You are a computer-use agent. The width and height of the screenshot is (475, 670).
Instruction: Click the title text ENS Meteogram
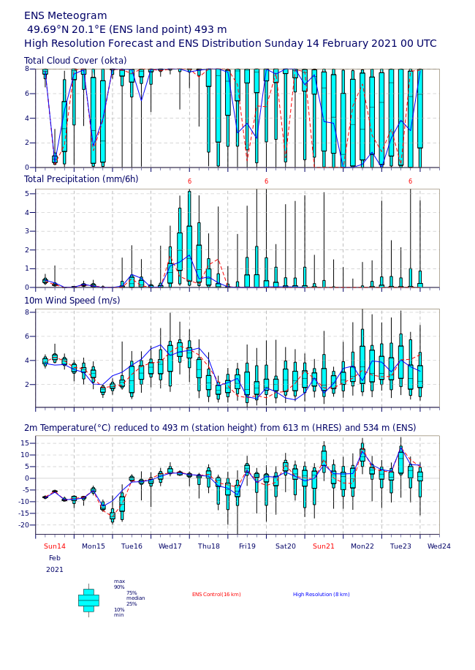click(66, 15)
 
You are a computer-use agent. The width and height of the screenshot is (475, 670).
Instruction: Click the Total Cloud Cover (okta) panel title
click(75, 61)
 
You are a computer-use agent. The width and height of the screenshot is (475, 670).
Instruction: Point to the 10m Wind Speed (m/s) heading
click(72, 301)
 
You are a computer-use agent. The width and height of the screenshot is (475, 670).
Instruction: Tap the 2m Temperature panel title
click(220, 428)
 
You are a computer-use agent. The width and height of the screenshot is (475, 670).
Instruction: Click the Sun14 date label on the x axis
click(55, 546)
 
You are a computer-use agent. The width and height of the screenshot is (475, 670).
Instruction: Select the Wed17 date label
click(170, 546)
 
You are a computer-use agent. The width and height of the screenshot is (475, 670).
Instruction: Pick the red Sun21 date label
click(324, 546)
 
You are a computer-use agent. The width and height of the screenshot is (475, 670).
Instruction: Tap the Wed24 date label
click(439, 546)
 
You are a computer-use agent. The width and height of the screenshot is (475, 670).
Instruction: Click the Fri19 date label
click(247, 546)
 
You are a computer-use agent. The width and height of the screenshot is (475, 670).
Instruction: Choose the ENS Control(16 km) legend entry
click(216, 595)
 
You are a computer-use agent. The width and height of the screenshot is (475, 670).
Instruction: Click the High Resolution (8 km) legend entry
click(322, 595)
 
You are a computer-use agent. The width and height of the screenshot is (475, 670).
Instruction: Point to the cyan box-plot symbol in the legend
click(88, 600)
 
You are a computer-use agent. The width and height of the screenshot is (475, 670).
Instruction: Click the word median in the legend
click(135, 598)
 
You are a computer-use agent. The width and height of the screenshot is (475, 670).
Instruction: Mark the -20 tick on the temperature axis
click(26, 525)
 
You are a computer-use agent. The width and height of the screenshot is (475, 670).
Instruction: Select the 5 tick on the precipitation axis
click(28, 194)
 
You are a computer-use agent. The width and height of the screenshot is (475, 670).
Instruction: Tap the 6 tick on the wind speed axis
click(28, 336)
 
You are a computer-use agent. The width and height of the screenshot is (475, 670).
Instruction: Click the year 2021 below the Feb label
click(55, 570)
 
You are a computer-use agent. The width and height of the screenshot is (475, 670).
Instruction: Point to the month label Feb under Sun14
click(55, 558)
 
